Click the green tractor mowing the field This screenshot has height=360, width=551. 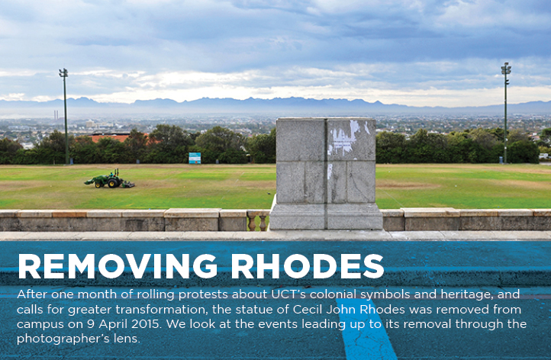pos(109,179)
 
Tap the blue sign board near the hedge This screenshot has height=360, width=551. pos(195,158)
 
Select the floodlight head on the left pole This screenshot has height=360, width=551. pos(63,72)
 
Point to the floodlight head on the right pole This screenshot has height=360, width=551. pos(506,69)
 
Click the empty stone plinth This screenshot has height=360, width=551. pos(326,174)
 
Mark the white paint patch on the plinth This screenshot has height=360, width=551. pos(343,138)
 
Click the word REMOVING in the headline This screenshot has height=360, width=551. pos(118,265)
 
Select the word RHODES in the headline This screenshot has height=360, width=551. pos(307,265)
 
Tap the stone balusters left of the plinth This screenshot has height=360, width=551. pos(258,221)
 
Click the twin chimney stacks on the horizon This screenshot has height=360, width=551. pos(56,115)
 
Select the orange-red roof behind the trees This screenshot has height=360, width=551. pos(116,138)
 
